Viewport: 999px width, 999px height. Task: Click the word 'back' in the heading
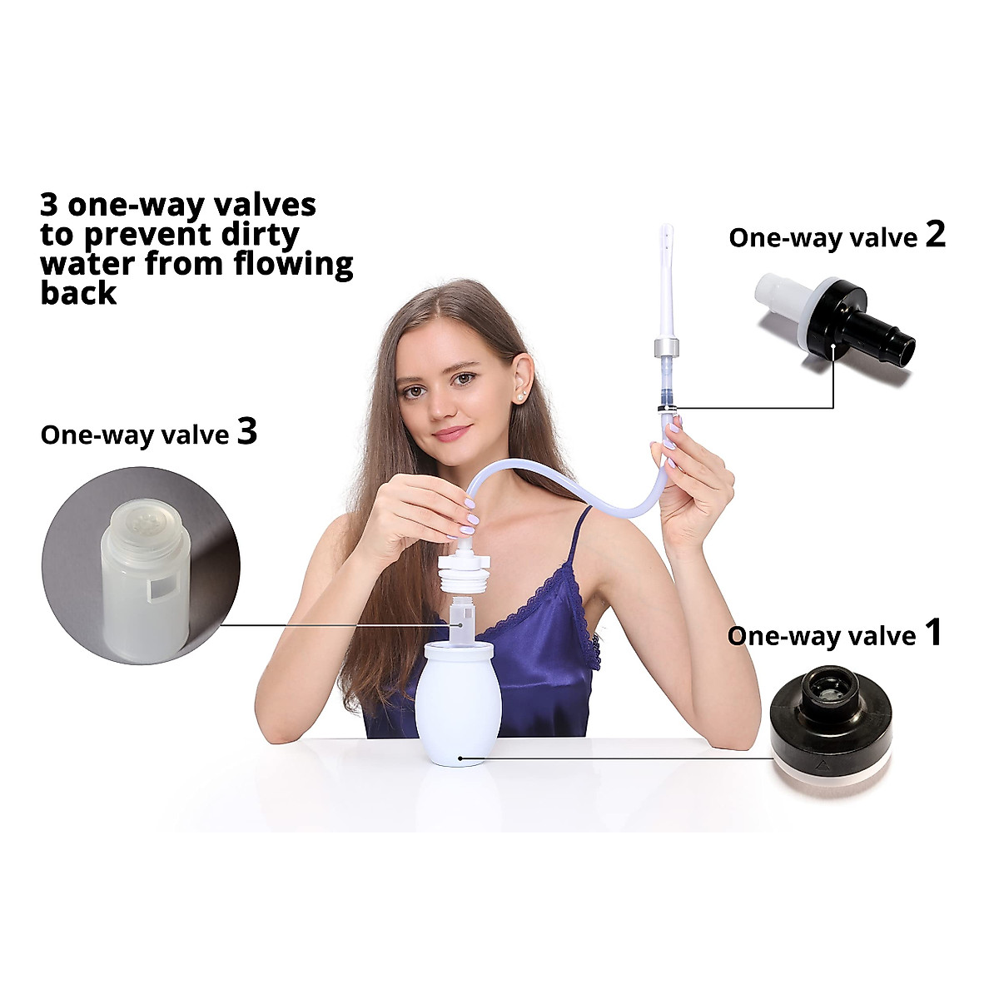tap(78, 293)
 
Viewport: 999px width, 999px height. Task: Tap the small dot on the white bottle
tap(459, 759)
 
